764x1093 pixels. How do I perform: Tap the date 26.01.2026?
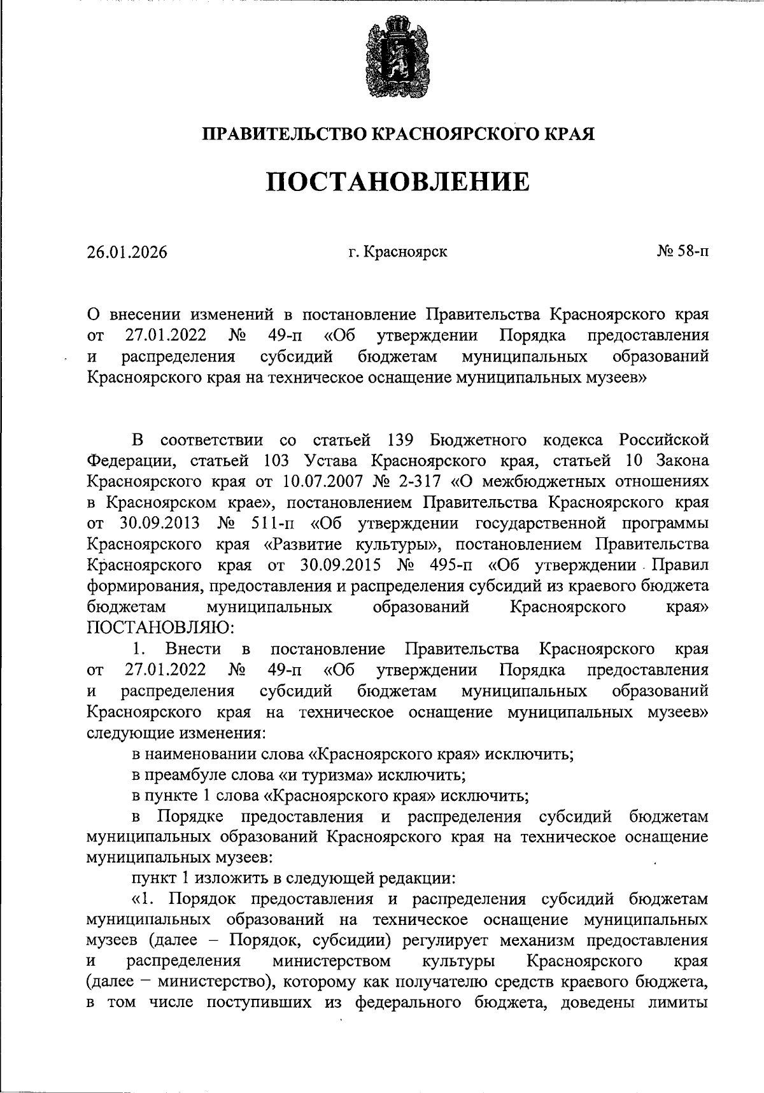127,253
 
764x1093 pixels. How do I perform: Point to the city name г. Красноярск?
397,252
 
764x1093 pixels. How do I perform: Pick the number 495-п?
453,565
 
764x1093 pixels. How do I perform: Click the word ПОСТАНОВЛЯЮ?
160,628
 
